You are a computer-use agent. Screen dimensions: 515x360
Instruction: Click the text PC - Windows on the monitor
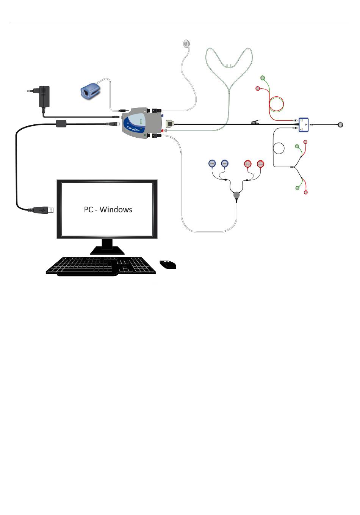click(108, 209)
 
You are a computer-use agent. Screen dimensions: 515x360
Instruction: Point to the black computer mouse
click(168, 264)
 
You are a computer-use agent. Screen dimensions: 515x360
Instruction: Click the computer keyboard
click(101, 265)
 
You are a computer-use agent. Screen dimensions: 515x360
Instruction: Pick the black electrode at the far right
click(341, 124)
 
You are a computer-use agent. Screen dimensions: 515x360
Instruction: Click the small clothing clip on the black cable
click(255, 122)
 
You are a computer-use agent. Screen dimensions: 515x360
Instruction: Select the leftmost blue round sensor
click(212, 164)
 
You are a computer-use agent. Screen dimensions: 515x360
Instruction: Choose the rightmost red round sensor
click(260, 164)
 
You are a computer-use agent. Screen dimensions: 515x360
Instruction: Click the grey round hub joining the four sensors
click(236, 195)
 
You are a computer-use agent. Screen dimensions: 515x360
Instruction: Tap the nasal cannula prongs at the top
click(228, 66)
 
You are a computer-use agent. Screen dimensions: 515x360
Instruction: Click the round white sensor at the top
click(186, 44)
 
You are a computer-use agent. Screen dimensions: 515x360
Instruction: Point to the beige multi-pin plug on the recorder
click(170, 124)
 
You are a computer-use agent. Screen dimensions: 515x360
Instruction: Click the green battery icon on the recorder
click(141, 122)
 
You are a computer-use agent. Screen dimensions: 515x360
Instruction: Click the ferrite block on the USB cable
click(61, 124)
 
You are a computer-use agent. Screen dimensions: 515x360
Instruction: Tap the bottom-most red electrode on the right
click(306, 193)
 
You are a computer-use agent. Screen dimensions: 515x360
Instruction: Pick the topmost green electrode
click(262, 78)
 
